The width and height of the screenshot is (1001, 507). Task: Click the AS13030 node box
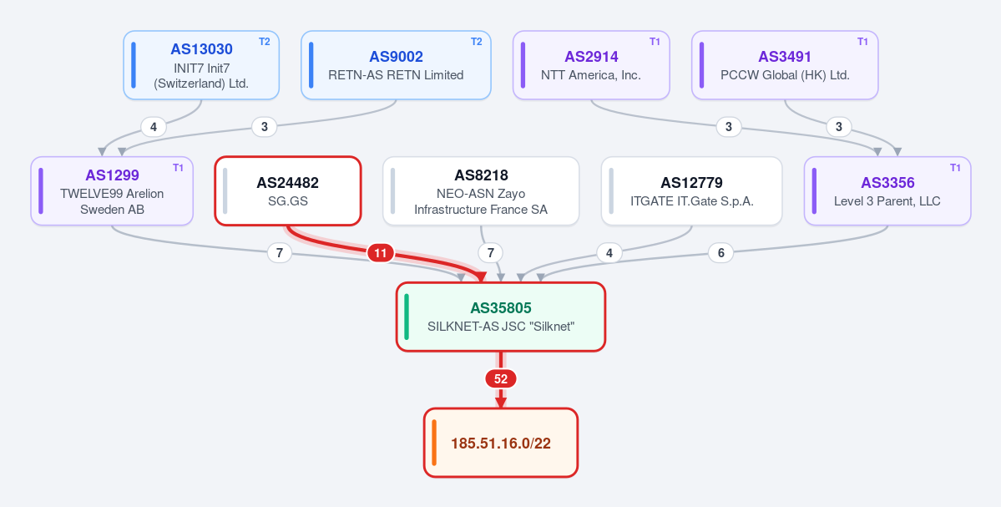point(201,65)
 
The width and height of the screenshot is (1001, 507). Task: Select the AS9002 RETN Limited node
point(396,65)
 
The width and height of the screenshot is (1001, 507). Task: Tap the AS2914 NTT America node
point(591,65)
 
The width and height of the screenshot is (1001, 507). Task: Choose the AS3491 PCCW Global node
point(785,65)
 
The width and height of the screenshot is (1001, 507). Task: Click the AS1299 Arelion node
point(112,191)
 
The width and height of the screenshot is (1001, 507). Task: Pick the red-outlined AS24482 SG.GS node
point(288,191)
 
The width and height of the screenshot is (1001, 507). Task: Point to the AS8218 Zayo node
point(481,191)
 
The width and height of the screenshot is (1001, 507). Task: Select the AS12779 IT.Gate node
point(691,191)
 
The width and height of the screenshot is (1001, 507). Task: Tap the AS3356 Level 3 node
point(887,191)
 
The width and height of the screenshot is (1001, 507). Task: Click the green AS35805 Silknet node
point(501,317)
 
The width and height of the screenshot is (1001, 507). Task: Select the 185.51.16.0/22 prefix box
point(501,443)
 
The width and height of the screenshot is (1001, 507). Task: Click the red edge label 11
point(381,254)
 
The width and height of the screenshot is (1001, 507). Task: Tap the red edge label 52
point(501,379)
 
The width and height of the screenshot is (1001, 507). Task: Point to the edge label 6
point(720,253)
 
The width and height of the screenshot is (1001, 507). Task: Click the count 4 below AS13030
point(154,127)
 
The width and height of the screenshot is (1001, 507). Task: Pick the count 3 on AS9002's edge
point(265,127)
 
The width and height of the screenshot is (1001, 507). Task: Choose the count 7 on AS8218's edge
point(490,253)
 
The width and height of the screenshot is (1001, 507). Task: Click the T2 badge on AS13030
point(265,42)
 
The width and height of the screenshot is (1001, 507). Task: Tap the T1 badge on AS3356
point(955,167)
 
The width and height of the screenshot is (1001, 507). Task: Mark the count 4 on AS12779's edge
point(609,253)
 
